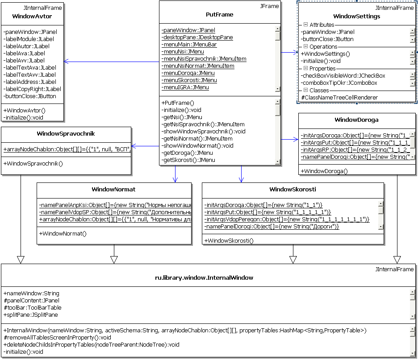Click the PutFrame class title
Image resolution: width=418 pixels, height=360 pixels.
coord(220,14)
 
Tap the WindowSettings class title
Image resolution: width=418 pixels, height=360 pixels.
coord(356,17)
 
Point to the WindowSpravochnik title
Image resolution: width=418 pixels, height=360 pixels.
coord(66,133)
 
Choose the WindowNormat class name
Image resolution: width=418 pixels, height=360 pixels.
coord(113,190)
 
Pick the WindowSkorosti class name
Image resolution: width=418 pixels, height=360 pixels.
coord(293,190)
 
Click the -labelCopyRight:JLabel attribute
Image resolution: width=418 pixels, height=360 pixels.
coord(32,89)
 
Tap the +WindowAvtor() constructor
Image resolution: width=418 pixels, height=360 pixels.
coord(25,110)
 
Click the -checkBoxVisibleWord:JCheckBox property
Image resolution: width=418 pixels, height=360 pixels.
coord(343,76)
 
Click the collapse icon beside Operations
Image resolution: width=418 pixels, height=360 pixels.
coord(305,46)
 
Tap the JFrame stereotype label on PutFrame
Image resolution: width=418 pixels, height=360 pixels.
coord(269,6)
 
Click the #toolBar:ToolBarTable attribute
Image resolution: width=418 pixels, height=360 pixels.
coord(33,308)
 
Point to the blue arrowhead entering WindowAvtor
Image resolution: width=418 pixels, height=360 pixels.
coord(66,61)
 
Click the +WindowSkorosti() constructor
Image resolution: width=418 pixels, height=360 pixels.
coord(229,241)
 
